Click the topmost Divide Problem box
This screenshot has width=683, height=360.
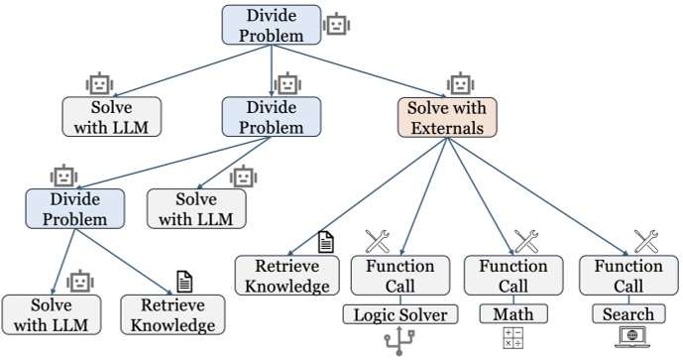click(271, 25)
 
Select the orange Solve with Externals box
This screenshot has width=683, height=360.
click(446, 116)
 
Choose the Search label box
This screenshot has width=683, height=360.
click(627, 314)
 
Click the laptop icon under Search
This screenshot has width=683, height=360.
click(627, 339)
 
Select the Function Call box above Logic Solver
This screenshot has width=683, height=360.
click(393, 277)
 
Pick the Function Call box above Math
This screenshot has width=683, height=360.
click(512, 277)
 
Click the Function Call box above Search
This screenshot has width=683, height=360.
click(627, 277)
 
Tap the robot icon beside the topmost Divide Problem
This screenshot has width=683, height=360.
click(338, 24)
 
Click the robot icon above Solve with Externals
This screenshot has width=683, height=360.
click(459, 82)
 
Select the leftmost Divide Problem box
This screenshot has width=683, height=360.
click(76, 207)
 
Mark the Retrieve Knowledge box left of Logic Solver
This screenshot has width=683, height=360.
click(282, 277)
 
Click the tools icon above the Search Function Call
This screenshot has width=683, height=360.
click(645, 240)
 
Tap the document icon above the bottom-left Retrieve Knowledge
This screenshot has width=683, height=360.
click(183, 281)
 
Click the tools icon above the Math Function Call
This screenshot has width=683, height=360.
click(525, 240)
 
